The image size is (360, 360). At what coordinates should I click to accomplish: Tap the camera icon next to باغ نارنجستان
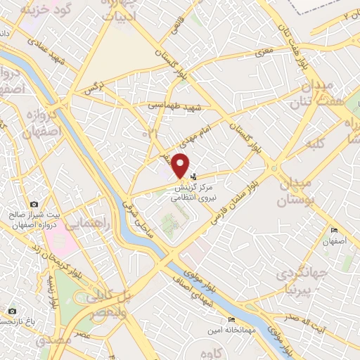point(11,311)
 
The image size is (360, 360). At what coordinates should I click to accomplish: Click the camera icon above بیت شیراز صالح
point(34,203)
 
